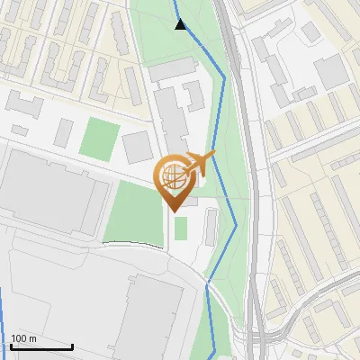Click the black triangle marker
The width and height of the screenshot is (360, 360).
tap(181, 24)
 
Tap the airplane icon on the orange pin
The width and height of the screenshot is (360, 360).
tap(200, 163)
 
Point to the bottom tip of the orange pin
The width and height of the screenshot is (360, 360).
tap(175, 210)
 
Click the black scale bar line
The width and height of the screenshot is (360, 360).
tap(41, 347)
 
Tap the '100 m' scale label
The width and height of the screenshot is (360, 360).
tap(24, 338)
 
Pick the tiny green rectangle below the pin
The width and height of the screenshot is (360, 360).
tap(181, 229)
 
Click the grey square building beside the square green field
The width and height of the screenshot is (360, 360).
tap(138, 147)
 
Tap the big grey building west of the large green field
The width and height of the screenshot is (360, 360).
tap(49, 193)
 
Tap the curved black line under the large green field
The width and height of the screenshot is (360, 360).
tap(135, 243)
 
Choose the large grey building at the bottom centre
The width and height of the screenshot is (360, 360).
tap(153, 315)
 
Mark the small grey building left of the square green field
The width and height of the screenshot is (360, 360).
tap(64, 132)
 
